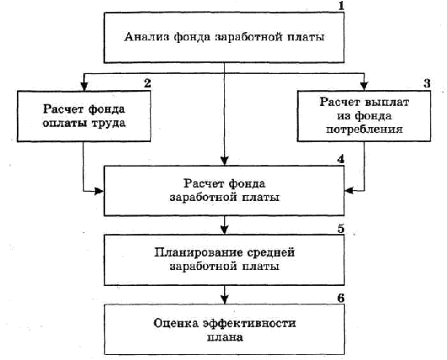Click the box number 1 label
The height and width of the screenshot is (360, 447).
tap(341, 6)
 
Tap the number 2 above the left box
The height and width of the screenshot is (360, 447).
tap(147, 83)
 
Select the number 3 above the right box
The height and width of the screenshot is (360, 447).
tap(427, 83)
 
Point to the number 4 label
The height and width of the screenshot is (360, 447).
tap(341, 159)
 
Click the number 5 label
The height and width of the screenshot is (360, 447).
tap(341, 229)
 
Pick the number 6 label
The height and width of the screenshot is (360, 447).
tap(341, 299)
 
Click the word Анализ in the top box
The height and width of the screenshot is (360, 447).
tap(146, 37)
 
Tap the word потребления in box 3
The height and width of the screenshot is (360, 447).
tap(365, 130)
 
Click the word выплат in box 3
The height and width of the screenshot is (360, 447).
tap(387, 102)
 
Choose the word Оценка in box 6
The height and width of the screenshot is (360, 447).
tap(176, 323)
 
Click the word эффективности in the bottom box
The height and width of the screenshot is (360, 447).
tap(249, 323)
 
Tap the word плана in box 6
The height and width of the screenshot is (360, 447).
tap(225, 337)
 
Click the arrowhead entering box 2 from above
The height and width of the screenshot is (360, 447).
tap(84, 87)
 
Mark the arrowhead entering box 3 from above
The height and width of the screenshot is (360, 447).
tap(364, 87)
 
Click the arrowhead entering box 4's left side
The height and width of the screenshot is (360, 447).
tap(99, 191)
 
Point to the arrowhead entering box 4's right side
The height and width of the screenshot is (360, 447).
tap(349, 191)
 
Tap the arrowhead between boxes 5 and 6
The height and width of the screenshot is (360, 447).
tap(225, 299)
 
